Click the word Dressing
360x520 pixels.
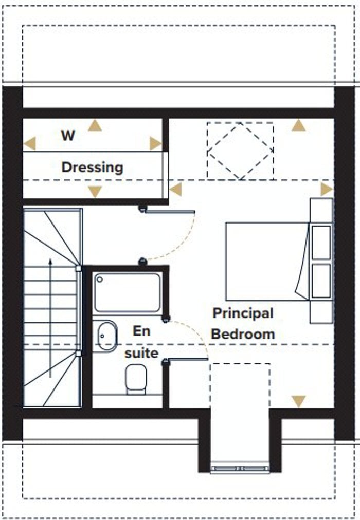(x=92, y=168)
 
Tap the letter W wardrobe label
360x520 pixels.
(x=68, y=135)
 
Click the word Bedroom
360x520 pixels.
(x=243, y=334)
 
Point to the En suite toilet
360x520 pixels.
(x=136, y=379)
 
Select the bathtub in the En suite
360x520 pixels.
(x=127, y=292)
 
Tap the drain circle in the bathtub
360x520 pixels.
(x=99, y=279)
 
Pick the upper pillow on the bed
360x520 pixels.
(x=321, y=242)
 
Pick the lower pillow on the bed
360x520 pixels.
(x=321, y=281)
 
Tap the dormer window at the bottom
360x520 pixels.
(x=240, y=468)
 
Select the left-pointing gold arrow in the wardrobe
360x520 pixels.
(x=30, y=143)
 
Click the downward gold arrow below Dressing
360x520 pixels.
(x=95, y=192)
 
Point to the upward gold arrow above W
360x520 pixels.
(x=95, y=125)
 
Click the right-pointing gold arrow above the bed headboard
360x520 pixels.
(x=327, y=189)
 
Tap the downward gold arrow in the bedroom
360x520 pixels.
(x=298, y=401)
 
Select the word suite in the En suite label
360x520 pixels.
(x=141, y=353)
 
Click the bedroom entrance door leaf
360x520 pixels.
(x=170, y=211)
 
